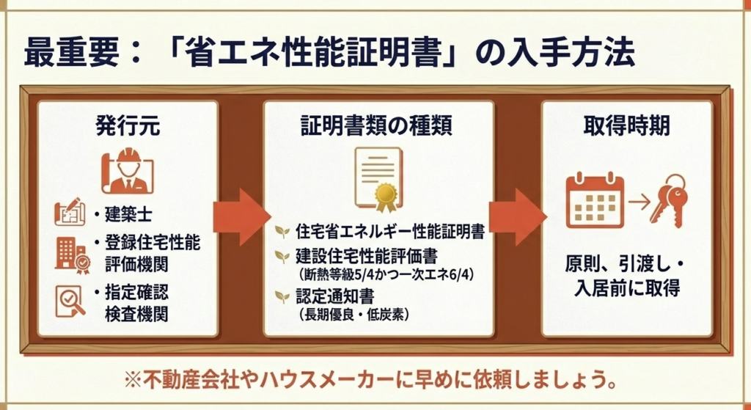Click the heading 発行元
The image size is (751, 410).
pos(127,126)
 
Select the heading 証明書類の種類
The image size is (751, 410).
pos(376,126)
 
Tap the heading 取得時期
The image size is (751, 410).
pos(626,126)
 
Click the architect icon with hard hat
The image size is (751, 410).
pos(127,173)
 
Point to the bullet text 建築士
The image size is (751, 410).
pos(128,214)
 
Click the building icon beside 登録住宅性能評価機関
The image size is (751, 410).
pos(71,252)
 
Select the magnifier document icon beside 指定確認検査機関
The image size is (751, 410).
pos(71,301)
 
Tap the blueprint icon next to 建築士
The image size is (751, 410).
pos(71,213)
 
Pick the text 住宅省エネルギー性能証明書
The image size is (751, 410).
pos(389,233)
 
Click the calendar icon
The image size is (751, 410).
pos(595,200)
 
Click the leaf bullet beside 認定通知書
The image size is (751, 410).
pos(281,297)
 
